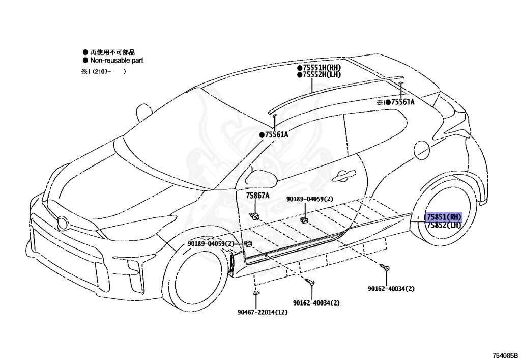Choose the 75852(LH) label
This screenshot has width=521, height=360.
coord(444,225)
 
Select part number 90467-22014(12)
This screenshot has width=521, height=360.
coord(262,312)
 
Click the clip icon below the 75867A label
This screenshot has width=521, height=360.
coord(256,215)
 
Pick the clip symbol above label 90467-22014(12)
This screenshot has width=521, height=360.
coord(255,294)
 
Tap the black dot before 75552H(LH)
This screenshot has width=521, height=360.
coord(300,75)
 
